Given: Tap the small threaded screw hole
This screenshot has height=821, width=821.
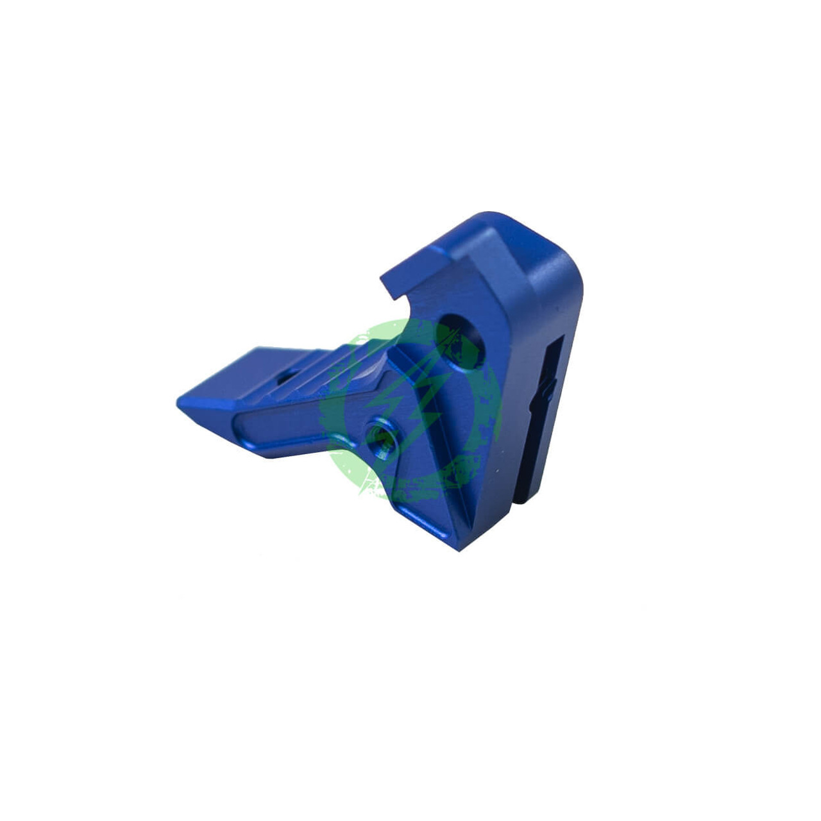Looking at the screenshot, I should [382, 440].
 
